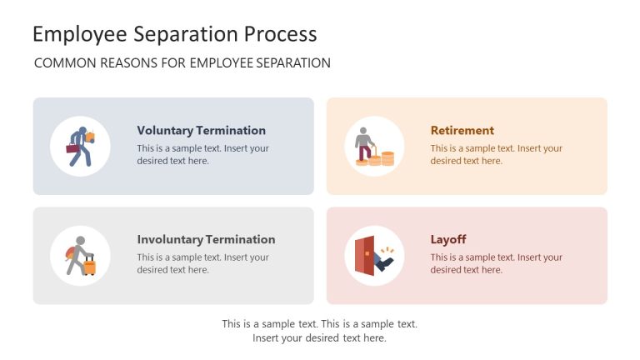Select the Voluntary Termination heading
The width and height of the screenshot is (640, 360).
coord(201,130)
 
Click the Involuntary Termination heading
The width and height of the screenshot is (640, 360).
coord(206,239)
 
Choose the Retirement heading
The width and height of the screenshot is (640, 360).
coord(462,130)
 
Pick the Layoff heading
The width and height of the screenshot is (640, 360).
coord(447,239)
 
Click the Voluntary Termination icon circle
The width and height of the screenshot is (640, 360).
coord(80,146)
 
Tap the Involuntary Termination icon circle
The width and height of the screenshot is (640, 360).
coord(80,255)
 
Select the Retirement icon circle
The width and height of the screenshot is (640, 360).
coord(374,146)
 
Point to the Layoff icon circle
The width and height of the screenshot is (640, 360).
coord(374,255)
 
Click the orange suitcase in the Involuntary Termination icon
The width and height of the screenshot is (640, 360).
coord(89,266)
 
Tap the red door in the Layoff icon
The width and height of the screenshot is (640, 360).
coord(364,256)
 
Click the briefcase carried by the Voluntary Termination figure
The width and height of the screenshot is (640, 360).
coord(73,149)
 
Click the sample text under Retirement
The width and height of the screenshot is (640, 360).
coord(496,154)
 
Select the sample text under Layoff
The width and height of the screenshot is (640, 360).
coord(496,263)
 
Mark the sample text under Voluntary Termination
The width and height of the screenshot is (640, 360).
coord(202,154)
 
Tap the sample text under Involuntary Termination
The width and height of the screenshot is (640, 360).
coord(202,263)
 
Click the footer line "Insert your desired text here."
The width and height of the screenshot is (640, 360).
coord(319,337)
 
